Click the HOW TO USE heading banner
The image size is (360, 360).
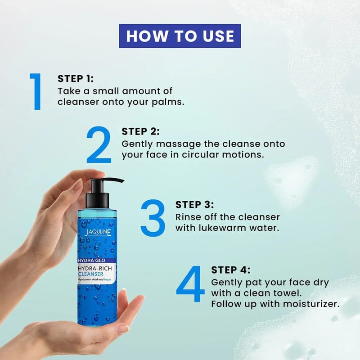[180, 36]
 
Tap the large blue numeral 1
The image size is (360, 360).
[36, 92]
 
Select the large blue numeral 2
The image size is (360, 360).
[99, 144]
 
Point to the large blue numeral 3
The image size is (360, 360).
[153, 218]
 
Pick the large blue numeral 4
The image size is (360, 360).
[190, 284]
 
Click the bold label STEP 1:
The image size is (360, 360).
[76, 79]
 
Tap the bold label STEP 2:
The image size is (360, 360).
[140, 131]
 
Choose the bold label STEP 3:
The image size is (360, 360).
[195, 205]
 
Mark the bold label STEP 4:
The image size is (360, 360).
[231, 270]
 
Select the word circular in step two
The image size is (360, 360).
[199, 155]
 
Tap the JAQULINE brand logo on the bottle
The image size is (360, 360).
[98, 233]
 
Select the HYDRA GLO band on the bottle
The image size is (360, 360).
[97, 261]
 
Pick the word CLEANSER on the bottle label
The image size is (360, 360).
[91, 274]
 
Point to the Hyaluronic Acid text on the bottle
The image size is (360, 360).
[88, 279]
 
